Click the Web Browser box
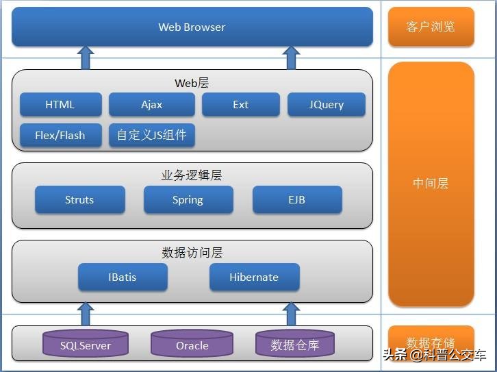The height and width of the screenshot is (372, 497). coord(192,27)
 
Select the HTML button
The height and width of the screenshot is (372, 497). coord(60,105)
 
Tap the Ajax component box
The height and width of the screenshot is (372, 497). coord(152,105)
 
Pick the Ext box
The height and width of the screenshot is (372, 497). coord(240,105)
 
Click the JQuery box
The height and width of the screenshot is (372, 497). coord(326,105)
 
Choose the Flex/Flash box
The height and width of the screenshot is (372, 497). coord(60,135)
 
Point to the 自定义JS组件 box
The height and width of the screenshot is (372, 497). coord(151,135)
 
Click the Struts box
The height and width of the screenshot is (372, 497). coord(79,200)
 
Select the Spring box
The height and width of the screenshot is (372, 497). coord(188,200)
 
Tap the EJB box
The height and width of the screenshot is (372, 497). coord(296,200)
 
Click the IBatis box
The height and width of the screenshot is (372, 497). coord(122,277)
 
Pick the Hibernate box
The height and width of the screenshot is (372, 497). coord(253,277)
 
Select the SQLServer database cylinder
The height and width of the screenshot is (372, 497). coord(86,345)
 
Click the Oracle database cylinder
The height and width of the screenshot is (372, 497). coord(192,345)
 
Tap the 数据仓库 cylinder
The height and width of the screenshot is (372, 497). coord(294,345)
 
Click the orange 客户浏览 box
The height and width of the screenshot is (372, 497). coord(431,27)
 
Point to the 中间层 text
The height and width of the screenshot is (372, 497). coord(431,184)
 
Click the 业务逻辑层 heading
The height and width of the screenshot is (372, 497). coord(192,175)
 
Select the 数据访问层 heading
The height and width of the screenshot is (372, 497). coord(192,253)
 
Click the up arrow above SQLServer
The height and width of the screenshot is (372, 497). coord(86,314)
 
